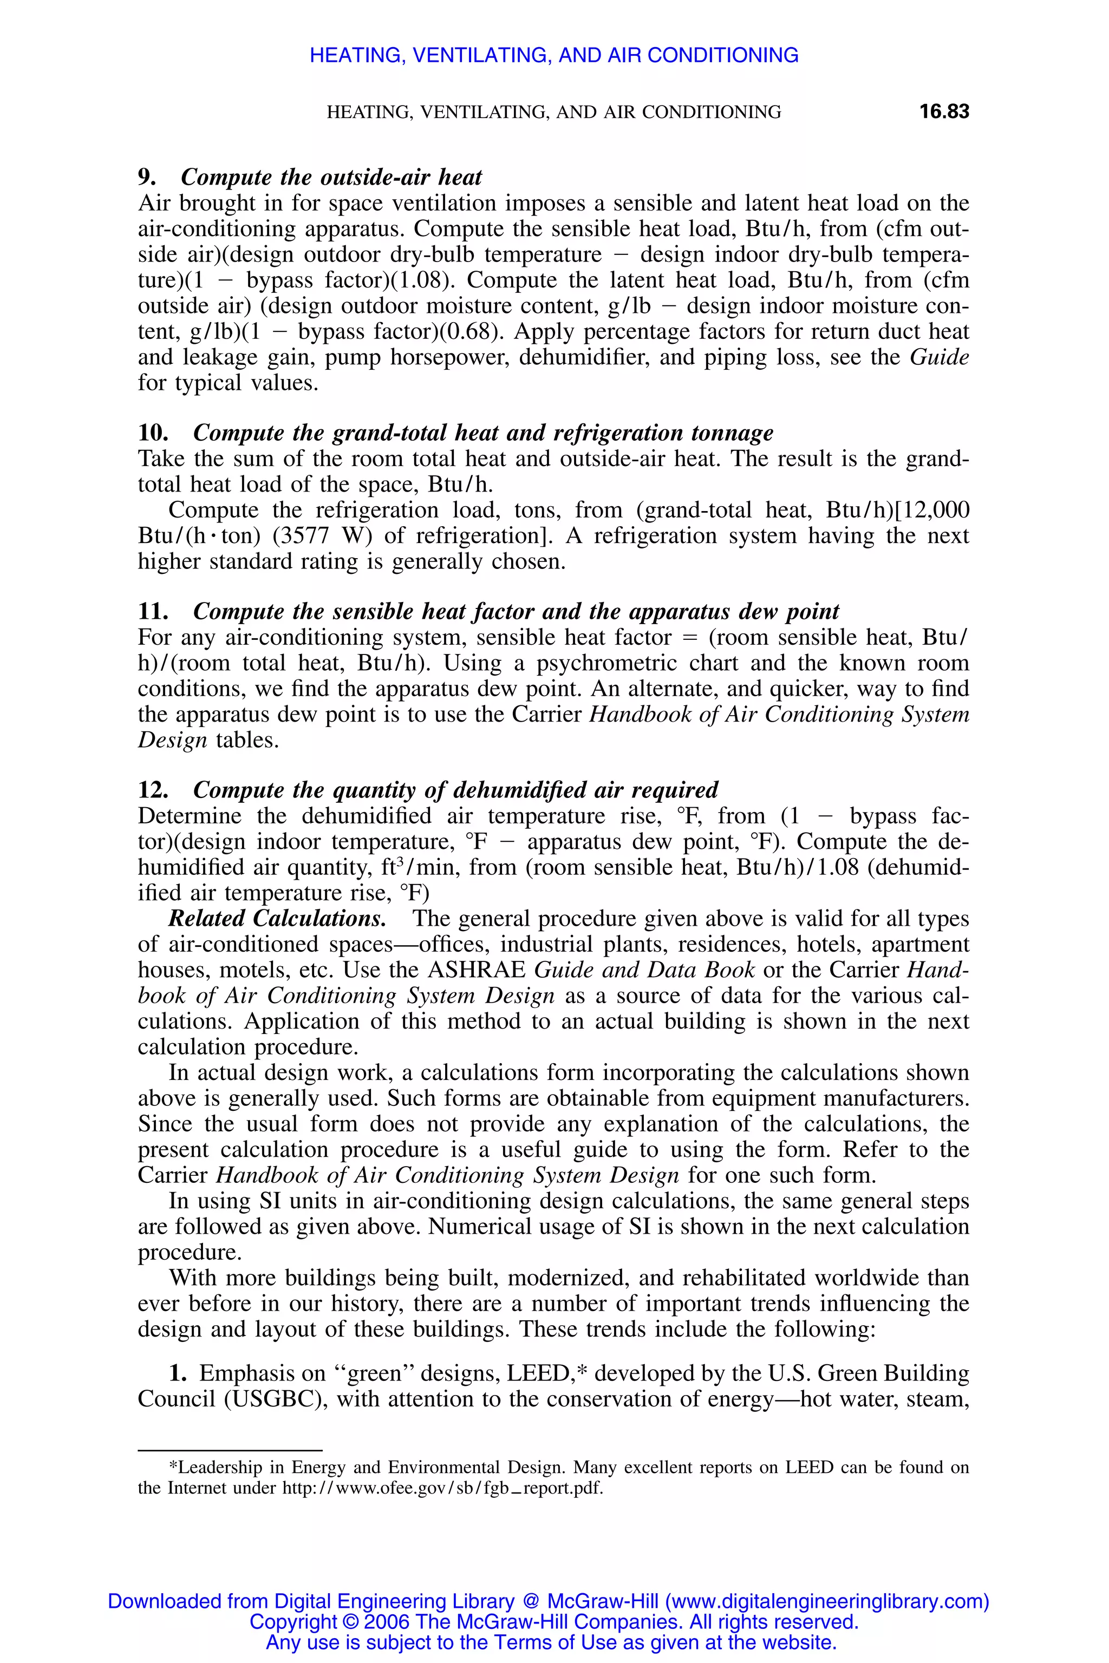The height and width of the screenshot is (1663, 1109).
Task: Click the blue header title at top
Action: pos(554,55)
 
